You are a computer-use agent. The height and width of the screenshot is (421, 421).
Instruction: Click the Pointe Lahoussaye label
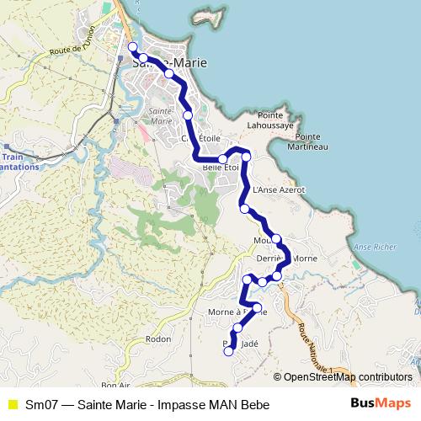click(274, 120)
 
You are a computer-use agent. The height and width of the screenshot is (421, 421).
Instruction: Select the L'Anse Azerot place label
click(278, 190)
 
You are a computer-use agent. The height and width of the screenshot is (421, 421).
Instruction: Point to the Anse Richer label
click(374, 247)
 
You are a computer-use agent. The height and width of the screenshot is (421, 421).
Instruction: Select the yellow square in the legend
click(12, 405)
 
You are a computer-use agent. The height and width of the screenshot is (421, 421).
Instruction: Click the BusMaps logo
click(381, 404)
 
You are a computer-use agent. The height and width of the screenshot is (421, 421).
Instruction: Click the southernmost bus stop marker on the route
click(228, 352)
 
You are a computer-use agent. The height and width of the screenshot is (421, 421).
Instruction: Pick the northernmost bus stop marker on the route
click(132, 46)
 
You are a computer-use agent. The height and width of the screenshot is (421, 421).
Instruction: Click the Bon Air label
click(115, 385)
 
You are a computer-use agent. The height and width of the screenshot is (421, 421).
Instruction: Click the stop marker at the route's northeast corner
click(246, 156)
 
